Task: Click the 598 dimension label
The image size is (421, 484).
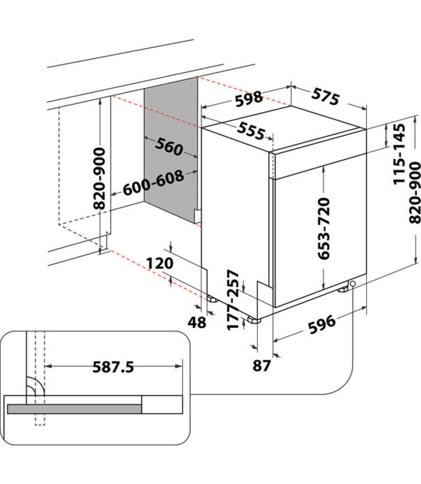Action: [x=249, y=98]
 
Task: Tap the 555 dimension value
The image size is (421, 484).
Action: [x=251, y=131]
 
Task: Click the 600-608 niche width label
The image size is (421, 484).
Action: [x=153, y=183]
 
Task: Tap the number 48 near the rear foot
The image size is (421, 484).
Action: [x=196, y=322]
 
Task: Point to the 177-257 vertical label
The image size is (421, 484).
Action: [x=233, y=300]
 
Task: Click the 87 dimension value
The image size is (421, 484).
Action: [x=262, y=366]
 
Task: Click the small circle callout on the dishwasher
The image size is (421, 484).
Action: [x=353, y=284]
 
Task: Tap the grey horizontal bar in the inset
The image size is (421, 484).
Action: [x=74, y=409]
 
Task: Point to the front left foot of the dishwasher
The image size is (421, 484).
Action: [x=254, y=320]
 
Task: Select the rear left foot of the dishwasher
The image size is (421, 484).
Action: [x=212, y=299]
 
